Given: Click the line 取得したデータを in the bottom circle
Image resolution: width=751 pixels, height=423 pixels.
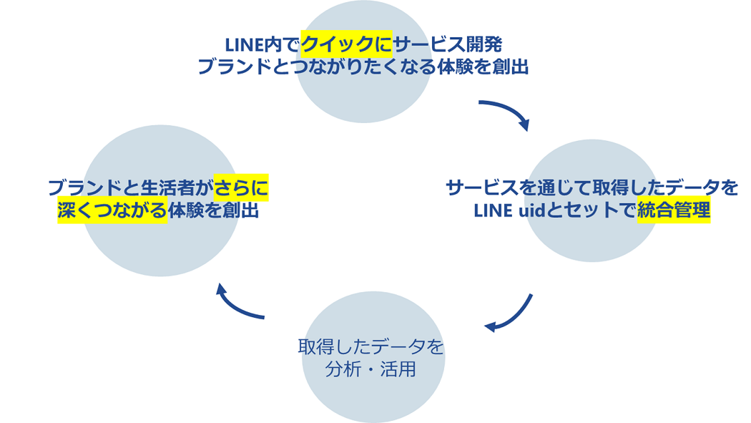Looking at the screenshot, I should coord(370,348).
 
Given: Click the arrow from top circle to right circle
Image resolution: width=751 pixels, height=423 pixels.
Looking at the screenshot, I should coord(506,113).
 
